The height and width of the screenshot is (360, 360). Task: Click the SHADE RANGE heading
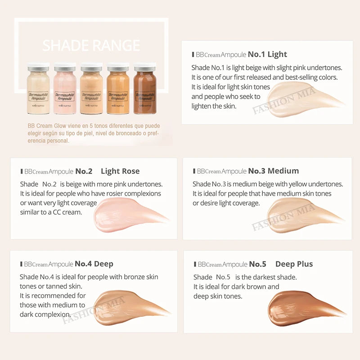[x=91, y=45]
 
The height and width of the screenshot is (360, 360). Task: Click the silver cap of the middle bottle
[x=91, y=69]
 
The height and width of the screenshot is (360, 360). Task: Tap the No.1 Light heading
[x=267, y=54]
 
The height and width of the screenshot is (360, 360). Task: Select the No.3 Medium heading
[x=273, y=171]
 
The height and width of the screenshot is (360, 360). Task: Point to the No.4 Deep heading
[x=94, y=264]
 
